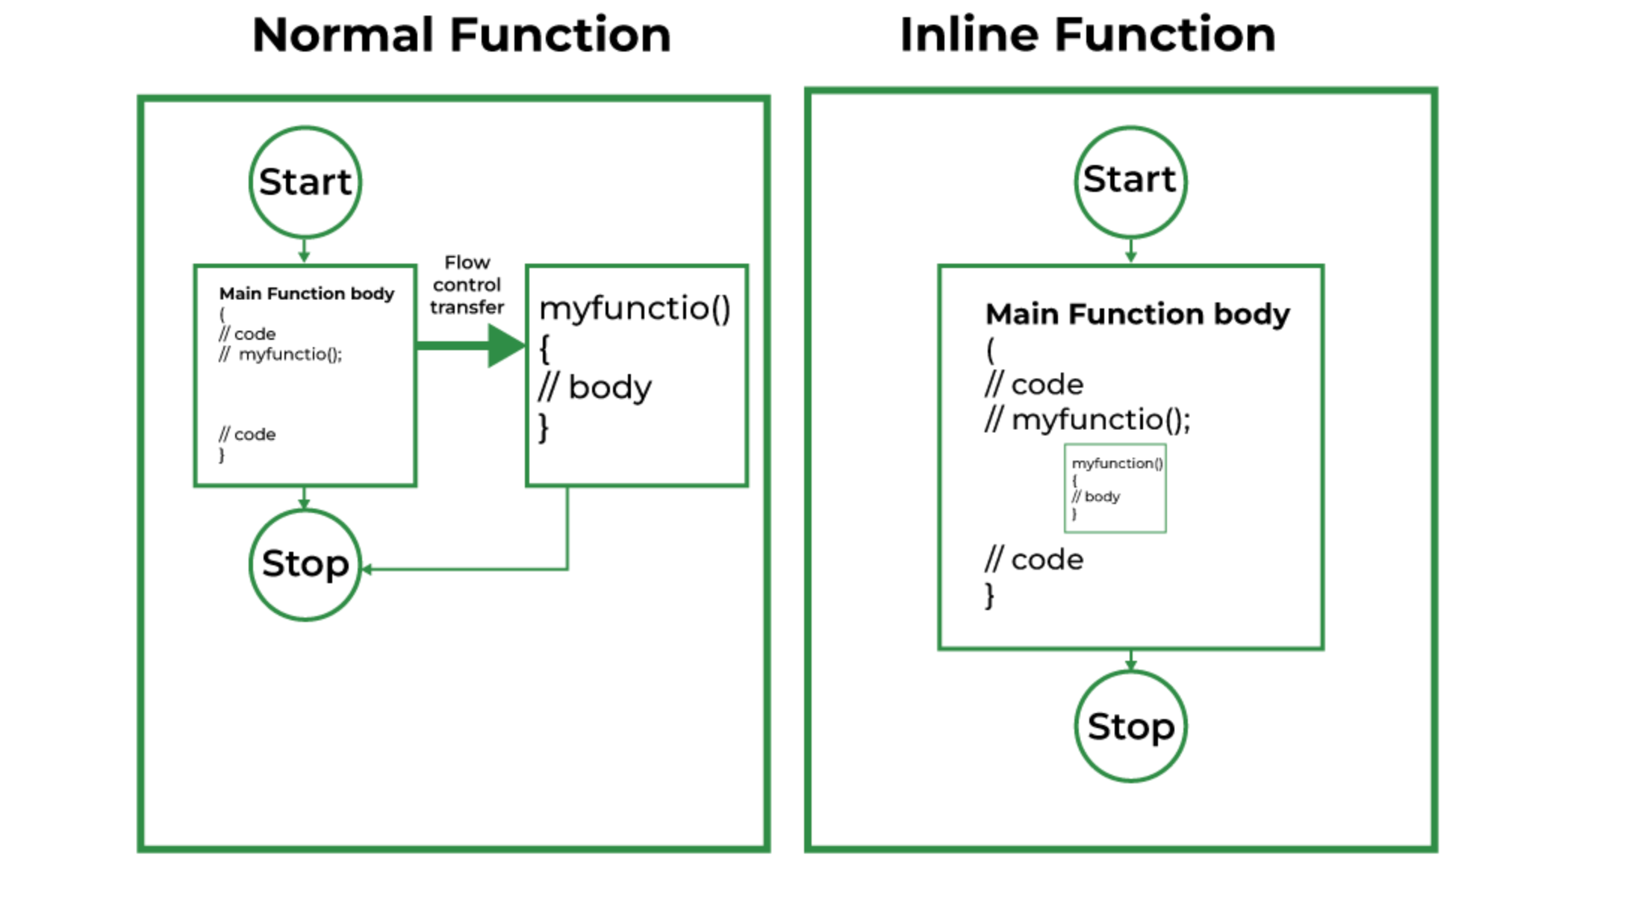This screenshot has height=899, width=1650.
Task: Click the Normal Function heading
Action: tap(461, 35)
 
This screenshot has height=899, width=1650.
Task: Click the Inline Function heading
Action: tap(1087, 35)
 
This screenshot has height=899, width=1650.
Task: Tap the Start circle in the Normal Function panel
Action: tap(305, 182)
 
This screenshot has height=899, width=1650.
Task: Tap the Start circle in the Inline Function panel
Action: tap(1130, 181)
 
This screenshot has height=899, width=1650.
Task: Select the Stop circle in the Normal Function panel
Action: tap(305, 565)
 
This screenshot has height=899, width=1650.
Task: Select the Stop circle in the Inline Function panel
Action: tap(1130, 727)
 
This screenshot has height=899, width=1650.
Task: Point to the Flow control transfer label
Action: tap(467, 285)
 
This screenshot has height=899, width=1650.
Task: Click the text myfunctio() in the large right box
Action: tap(635, 308)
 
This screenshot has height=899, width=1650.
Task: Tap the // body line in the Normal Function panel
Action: tap(595, 388)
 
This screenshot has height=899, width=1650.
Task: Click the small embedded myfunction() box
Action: tap(1115, 488)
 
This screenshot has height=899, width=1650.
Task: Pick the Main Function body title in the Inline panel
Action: tap(1137, 314)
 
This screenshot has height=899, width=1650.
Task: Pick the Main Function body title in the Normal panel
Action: tap(306, 293)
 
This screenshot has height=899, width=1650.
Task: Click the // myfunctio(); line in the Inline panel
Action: tap(1087, 420)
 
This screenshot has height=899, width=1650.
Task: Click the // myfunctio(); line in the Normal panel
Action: tap(281, 355)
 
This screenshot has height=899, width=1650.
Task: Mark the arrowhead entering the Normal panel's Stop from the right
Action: tap(367, 570)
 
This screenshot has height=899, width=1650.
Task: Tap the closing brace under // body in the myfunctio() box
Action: tap(544, 428)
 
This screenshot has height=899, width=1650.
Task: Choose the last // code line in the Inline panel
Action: tap(1034, 560)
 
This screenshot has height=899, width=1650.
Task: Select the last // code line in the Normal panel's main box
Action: tap(247, 435)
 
